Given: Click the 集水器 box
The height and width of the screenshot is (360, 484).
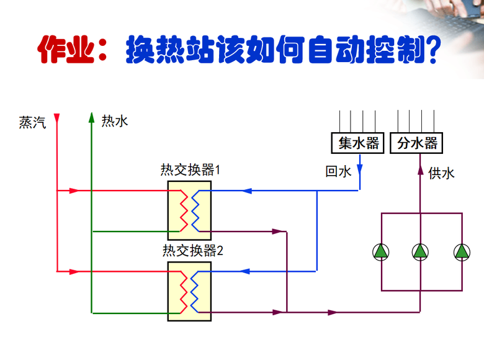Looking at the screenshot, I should click(359, 143).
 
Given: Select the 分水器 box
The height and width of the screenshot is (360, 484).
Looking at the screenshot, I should click(417, 143).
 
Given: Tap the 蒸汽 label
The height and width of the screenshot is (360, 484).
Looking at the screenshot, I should click(32, 122).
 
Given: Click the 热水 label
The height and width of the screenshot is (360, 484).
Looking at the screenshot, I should click(115, 121).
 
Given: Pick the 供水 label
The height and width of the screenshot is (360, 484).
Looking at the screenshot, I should click(441, 173).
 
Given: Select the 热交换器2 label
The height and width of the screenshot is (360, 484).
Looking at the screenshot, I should click(192, 251).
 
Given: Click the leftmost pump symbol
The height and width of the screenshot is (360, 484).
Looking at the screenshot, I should click(380, 251).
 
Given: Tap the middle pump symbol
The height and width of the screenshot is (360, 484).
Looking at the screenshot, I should click(421, 251).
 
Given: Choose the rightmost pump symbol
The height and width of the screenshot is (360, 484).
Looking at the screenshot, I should click(462, 251).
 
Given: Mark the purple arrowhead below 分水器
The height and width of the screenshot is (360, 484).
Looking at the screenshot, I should click(420, 164).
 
